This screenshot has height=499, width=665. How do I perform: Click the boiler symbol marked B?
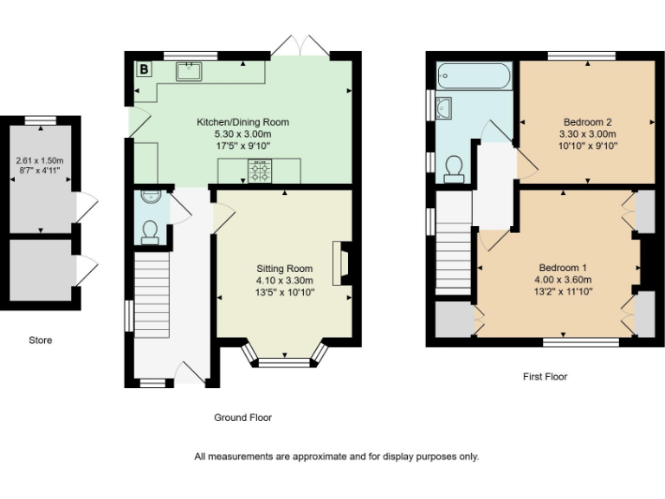click(143, 68)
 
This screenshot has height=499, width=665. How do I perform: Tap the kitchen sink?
click(189, 71)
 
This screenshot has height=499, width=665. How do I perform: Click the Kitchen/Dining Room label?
click(242, 122)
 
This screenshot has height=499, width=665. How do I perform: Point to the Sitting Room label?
click(284, 268)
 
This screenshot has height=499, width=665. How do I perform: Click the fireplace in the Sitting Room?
click(343, 262)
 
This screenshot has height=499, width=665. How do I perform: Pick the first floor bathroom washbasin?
click(444, 107)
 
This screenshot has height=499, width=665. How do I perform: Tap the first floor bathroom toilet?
click(452, 168)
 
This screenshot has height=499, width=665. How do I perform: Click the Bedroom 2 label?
click(588, 122)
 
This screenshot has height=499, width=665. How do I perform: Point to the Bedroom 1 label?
click(563, 267)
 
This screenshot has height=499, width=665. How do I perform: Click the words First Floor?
click(546, 377)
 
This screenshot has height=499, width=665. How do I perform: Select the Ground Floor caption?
click(242, 418)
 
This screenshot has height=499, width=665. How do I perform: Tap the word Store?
click(40, 340)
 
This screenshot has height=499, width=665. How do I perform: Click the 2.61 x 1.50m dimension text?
click(40, 161)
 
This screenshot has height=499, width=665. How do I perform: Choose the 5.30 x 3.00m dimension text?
click(242, 134)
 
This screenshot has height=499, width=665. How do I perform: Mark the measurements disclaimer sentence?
click(337, 457)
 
